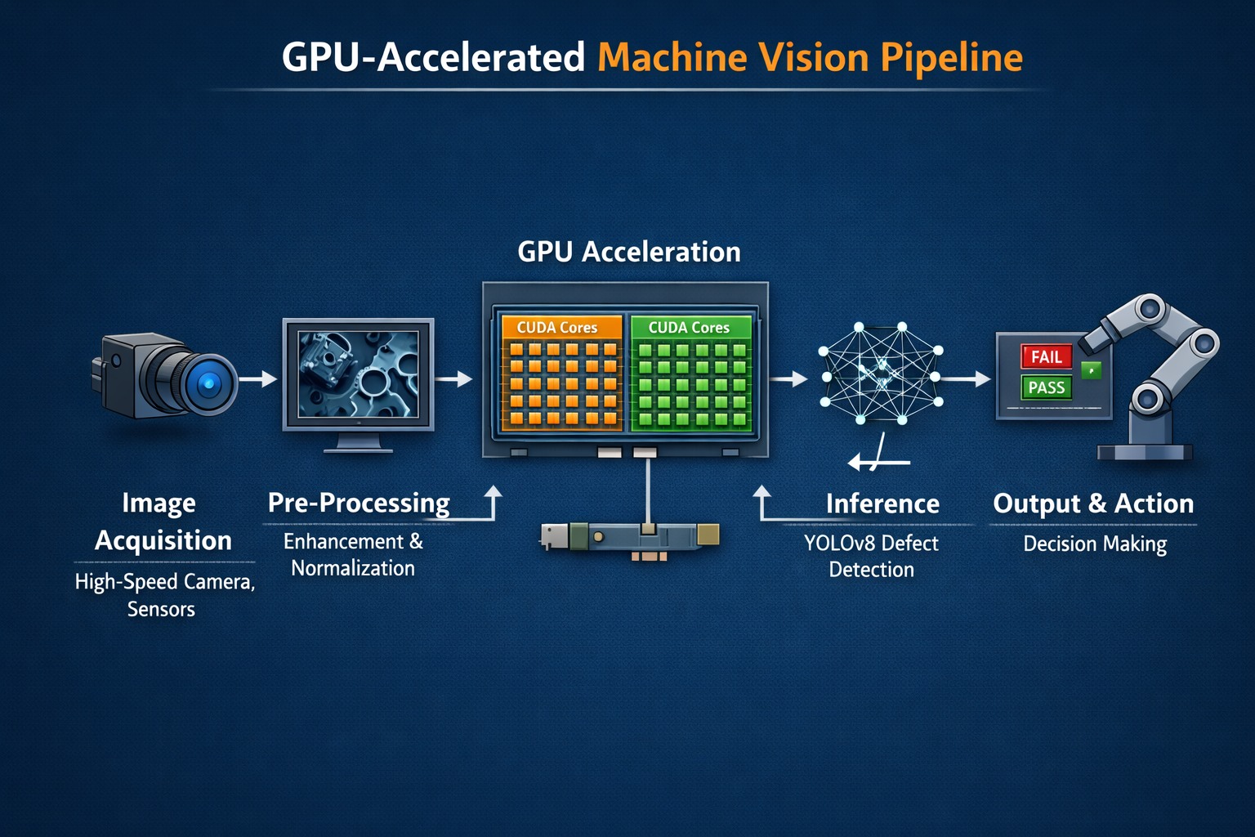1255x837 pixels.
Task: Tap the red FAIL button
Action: tap(1046, 356)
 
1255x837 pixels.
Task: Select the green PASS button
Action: tap(1046, 387)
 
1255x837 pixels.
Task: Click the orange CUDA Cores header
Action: tap(557, 327)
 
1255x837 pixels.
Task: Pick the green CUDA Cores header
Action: tap(690, 327)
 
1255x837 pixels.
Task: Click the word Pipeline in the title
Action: tap(951, 58)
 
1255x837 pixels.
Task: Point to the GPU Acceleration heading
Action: tap(629, 252)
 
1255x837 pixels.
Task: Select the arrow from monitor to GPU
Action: tap(454, 379)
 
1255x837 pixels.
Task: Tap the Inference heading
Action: tap(882, 504)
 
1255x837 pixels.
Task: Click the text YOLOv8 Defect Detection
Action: tap(871, 556)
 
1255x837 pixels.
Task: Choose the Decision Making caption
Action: tap(1095, 544)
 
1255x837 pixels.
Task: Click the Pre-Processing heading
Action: tap(359, 503)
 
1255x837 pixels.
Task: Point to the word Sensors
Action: tap(161, 609)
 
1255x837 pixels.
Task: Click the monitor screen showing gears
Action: tap(358, 374)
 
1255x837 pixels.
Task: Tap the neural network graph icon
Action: tap(881, 374)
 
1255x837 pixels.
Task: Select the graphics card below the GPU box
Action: tap(629, 536)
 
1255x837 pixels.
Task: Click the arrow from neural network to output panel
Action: tap(968, 379)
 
